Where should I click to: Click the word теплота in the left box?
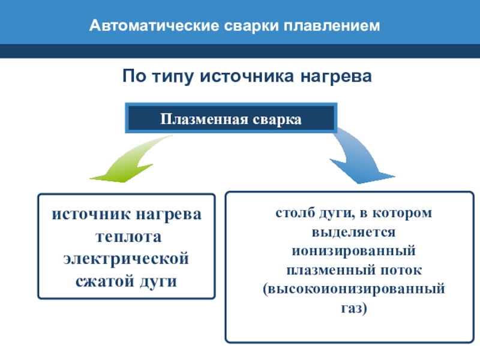point(126,237)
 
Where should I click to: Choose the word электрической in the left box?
point(126,259)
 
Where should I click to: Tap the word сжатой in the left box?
point(103,281)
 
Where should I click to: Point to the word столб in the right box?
point(292,213)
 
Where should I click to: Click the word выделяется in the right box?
point(353,232)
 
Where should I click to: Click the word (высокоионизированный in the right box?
point(353,288)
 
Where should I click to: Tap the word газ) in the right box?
point(353,307)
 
